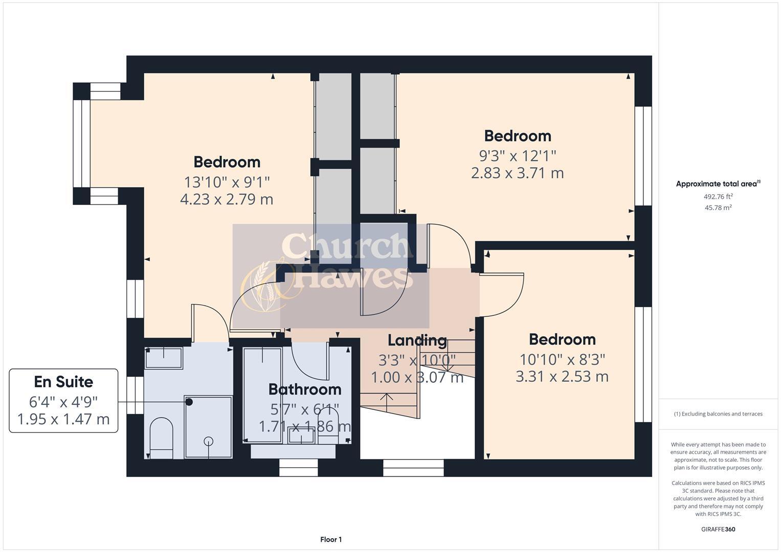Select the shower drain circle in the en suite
tap(209, 441)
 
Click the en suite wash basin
tap(164, 358)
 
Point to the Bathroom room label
tap(305, 389)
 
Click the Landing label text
tap(417, 340)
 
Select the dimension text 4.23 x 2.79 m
tap(227, 199)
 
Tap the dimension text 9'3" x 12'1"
tap(517, 155)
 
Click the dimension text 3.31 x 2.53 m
tap(562, 377)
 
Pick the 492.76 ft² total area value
tap(718, 196)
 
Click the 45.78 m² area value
tap(718, 208)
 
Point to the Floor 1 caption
tap(331, 540)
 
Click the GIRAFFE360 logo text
tap(718, 529)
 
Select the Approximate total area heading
tap(718, 184)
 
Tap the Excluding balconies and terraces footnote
tap(718, 414)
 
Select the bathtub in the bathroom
tap(262, 394)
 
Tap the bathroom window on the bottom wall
tap(298, 467)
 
